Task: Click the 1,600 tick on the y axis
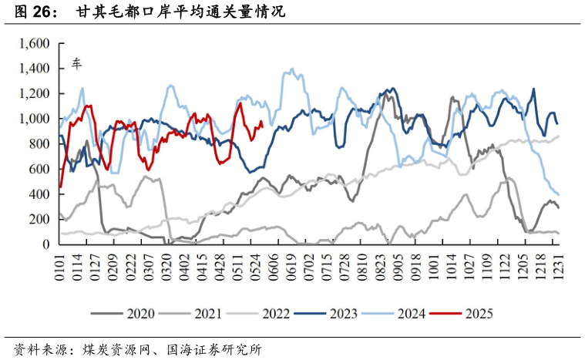pos(35,44)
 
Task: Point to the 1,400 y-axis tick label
pos(35,69)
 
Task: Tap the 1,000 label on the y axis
pos(35,119)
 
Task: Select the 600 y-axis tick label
pos(40,169)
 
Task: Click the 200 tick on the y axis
pos(40,219)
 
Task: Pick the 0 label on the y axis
pos(47,244)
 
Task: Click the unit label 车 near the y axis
pos(76,63)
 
